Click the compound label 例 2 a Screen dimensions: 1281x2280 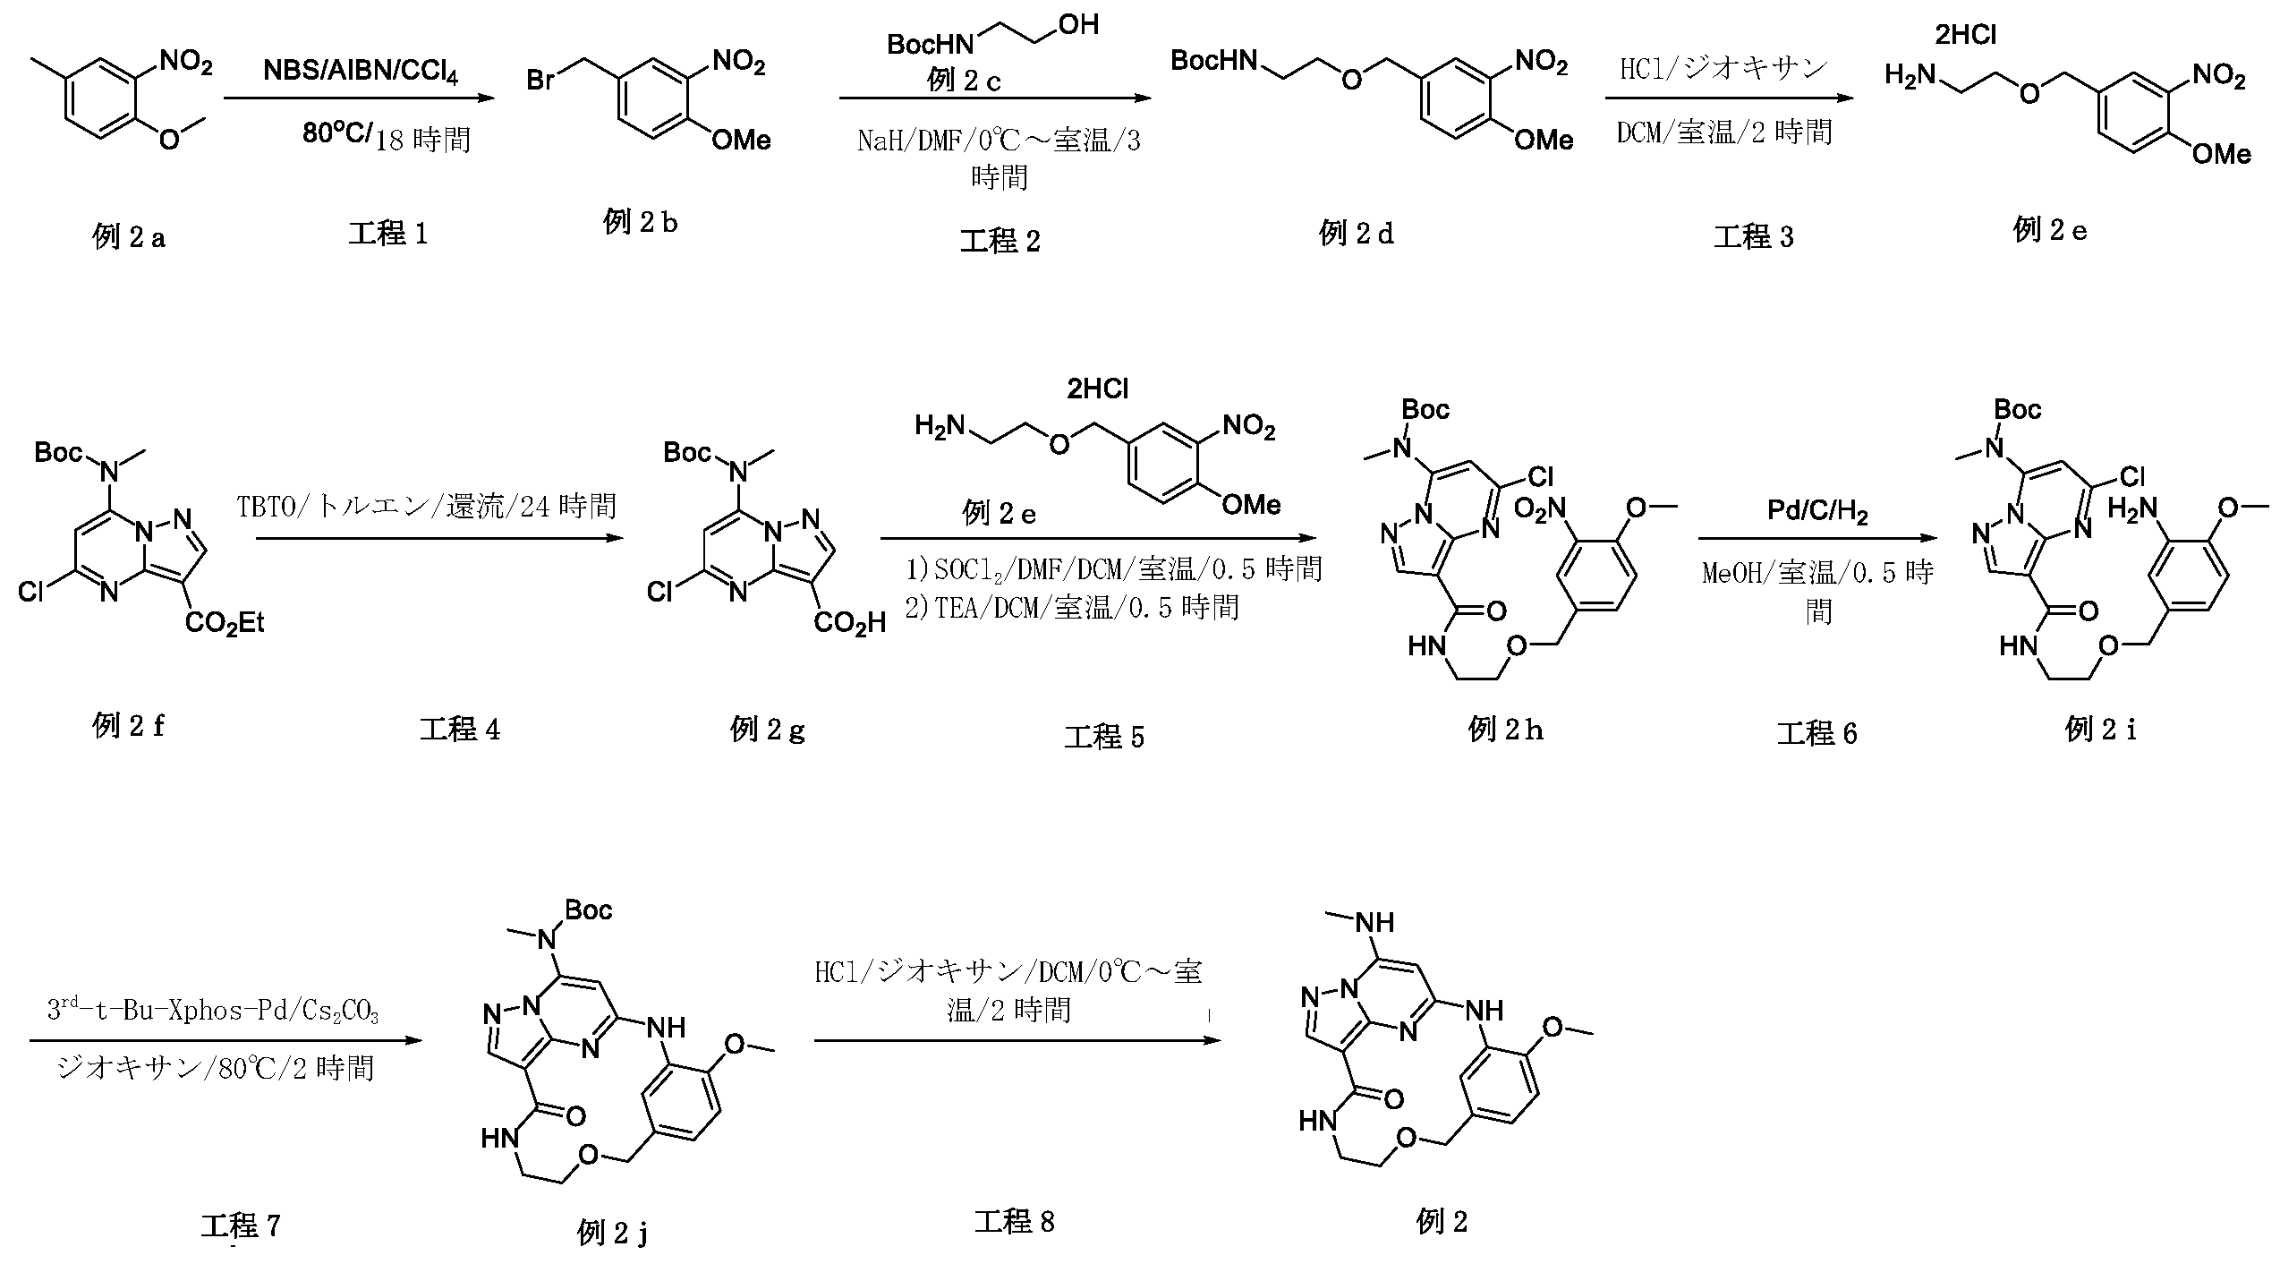tap(129, 237)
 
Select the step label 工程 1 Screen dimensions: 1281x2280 tap(387, 234)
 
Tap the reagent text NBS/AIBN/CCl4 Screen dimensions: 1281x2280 tap(360, 72)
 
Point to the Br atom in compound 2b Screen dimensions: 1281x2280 tap(541, 81)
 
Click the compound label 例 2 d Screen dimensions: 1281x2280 tap(1356, 234)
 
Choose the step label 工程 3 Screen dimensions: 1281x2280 tap(1753, 237)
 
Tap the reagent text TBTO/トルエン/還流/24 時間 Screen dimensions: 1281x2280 tap(427, 507)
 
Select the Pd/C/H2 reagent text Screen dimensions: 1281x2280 tap(1817, 512)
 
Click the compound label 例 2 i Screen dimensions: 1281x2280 tap(2100, 730)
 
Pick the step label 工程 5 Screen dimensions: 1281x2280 tap(1103, 738)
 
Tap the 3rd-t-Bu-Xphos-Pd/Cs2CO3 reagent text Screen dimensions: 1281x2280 tap(213, 1011)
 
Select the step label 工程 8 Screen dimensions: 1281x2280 tap(1014, 1222)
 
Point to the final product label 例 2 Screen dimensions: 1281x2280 tap(1442, 1222)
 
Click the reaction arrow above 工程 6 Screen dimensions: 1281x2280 tap(1817, 539)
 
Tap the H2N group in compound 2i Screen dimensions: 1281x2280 tap(2133, 509)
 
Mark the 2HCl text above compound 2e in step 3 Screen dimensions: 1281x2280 tap(1965, 35)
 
